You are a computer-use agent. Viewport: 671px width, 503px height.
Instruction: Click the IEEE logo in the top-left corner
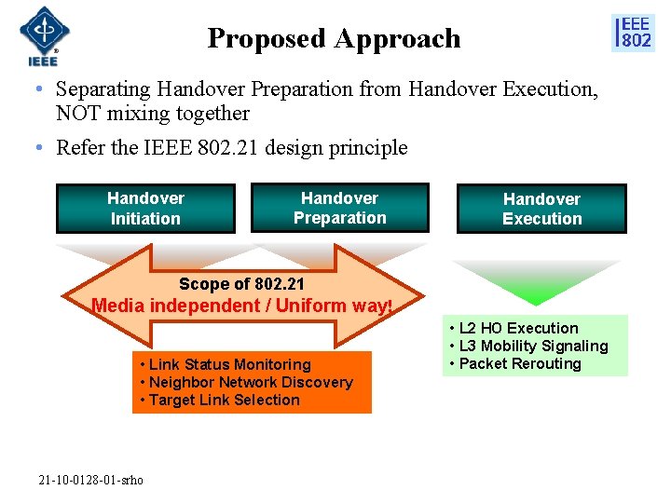pos(40,36)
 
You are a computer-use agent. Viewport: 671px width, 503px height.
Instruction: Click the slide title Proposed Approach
pos(334,38)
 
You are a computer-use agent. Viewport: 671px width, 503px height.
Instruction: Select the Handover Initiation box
pos(145,209)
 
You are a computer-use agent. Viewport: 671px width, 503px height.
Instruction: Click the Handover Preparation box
pos(339,208)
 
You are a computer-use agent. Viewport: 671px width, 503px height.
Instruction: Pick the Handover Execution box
pos(541,209)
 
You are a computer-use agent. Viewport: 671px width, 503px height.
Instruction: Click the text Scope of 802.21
pos(241,284)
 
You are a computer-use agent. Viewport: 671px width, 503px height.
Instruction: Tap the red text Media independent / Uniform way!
pos(241,306)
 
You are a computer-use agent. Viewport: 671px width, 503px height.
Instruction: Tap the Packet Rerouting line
pos(519,363)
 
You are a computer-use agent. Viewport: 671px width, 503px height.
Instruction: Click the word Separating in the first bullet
pos(103,89)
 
